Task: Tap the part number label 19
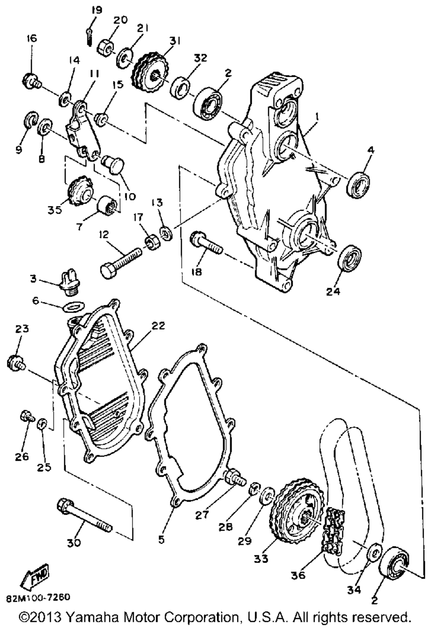(97, 10)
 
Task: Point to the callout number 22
(158, 326)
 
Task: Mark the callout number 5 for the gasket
(161, 538)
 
